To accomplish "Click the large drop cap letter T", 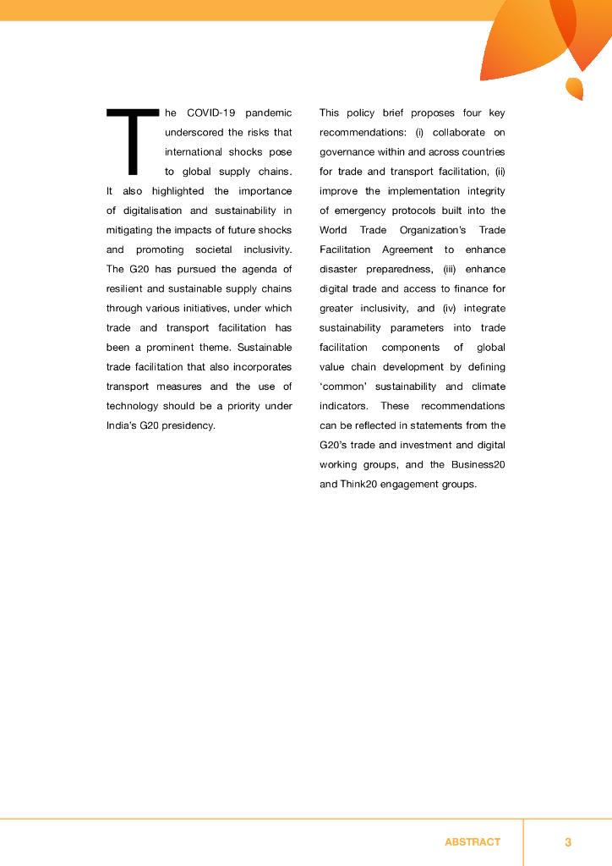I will coord(132,140).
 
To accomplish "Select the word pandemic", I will coord(268,112).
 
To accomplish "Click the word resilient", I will coord(127,288).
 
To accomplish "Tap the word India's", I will coord(125,425).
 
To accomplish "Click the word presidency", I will coord(190,425).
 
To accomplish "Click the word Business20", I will coord(481,464).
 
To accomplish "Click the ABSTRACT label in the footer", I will coord(473,842).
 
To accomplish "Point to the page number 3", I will coord(568,842).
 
